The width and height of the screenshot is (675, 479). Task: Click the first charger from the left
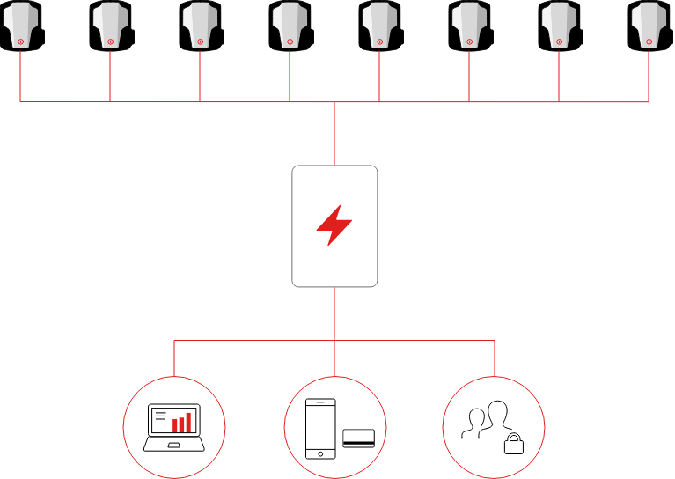click(20, 24)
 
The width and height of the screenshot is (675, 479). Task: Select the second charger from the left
click(110, 24)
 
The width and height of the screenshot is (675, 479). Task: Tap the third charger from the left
click(200, 24)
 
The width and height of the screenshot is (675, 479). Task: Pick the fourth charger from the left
click(290, 24)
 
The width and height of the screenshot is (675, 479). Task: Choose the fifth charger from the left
click(379, 24)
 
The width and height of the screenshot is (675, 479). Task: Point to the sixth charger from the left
click(469, 24)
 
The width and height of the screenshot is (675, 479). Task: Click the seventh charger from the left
click(559, 24)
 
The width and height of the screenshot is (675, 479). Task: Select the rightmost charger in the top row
click(649, 24)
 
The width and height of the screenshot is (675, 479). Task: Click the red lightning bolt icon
click(334, 225)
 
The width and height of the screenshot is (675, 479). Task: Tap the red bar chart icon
click(181, 423)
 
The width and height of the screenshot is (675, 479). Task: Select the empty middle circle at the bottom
click(334, 428)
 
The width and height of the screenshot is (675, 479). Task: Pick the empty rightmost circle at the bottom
click(494, 428)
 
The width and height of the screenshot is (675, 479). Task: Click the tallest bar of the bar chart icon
click(188, 422)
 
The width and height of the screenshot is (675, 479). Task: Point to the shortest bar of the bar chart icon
click(175, 426)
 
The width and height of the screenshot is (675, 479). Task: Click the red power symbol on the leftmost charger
click(20, 41)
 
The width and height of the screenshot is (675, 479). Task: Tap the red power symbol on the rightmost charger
click(649, 41)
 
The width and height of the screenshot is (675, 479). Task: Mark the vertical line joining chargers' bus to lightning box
click(334, 134)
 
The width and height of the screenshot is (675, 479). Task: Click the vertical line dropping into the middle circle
click(334, 358)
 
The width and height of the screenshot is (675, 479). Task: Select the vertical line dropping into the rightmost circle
click(495, 358)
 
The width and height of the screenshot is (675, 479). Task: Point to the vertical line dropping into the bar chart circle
click(174, 358)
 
